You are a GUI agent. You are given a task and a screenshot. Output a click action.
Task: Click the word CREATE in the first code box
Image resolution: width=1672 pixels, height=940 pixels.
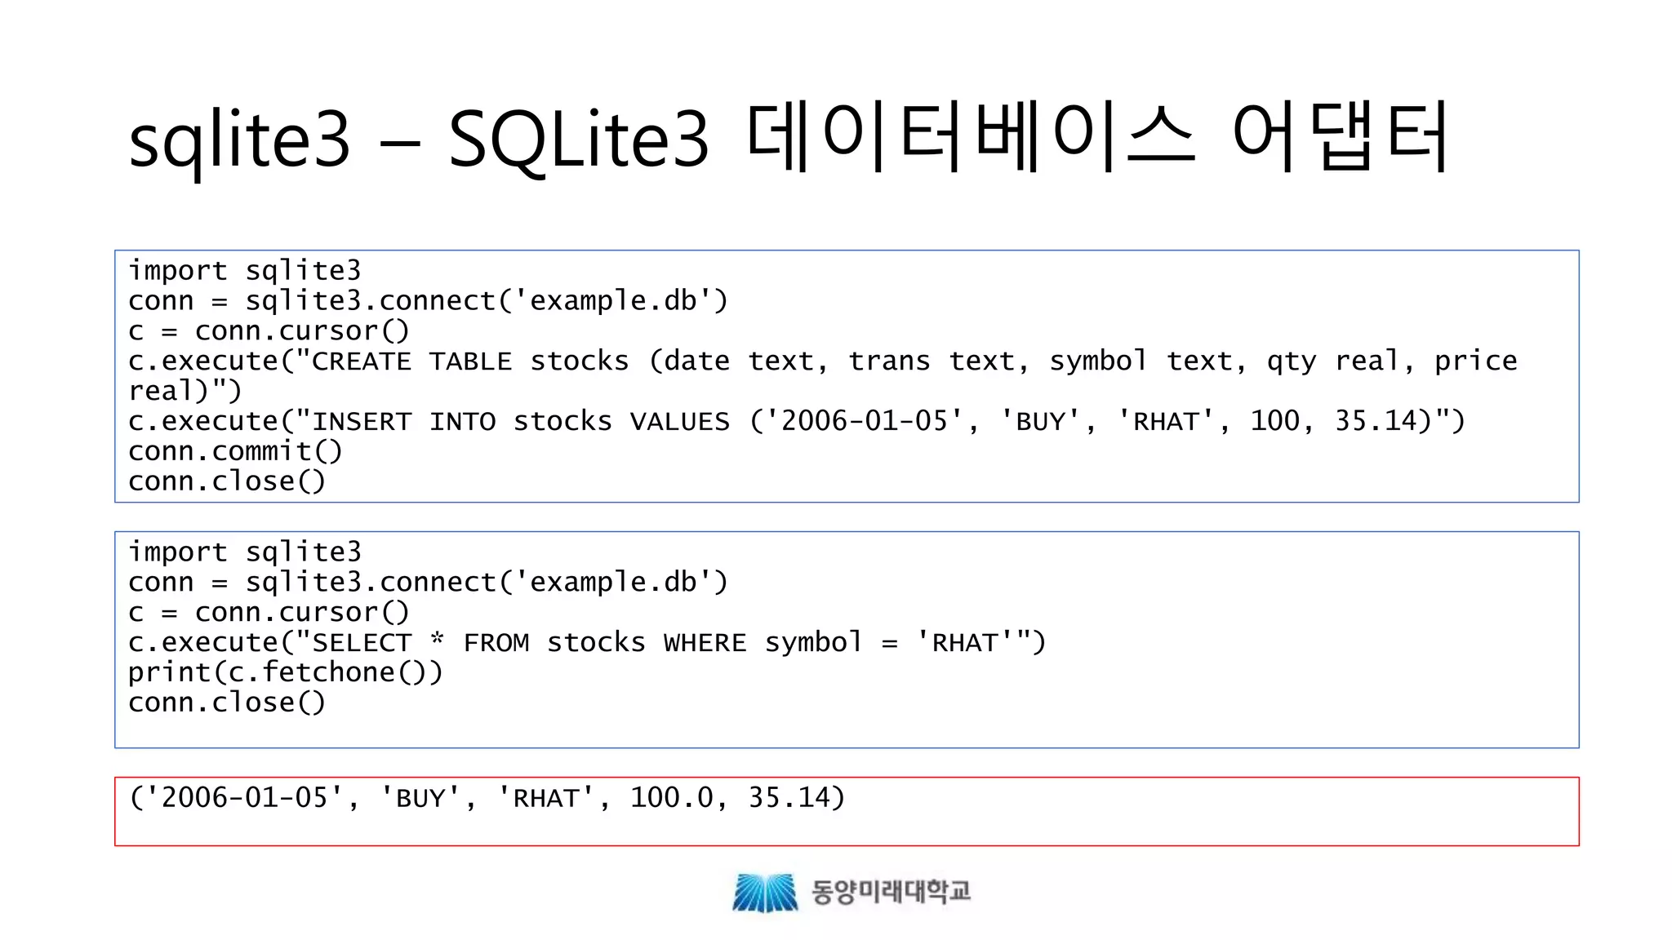(x=362, y=361)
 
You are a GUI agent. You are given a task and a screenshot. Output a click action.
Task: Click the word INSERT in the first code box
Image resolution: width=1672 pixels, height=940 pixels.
(x=362, y=422)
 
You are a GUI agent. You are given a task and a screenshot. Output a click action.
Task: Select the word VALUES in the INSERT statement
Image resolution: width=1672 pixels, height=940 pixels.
(x=679, y=422)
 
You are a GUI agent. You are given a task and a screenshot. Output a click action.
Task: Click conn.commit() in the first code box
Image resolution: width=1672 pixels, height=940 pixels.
(x=235, y=451)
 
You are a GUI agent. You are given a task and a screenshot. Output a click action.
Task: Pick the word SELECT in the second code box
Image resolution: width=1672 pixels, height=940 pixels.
(x=362, y=643)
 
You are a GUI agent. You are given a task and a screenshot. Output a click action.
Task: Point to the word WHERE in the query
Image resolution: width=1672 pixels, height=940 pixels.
(x=705, y=643)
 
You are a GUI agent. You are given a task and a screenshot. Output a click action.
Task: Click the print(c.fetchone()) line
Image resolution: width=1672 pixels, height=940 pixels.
(x=285, y=673)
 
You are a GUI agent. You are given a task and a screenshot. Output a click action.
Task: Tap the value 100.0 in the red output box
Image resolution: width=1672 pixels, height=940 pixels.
(x=671, y=798)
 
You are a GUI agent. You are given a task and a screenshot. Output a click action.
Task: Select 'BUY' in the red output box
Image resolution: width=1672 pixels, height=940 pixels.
(x=420, y=798)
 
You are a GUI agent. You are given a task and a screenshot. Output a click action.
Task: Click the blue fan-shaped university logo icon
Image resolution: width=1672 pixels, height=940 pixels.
(x=765, y=892)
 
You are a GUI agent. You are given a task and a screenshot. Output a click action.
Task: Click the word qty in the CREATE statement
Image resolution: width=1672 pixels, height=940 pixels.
(x=1291, y=361)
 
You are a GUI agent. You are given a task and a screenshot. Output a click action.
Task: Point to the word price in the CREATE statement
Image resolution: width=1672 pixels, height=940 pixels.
(x=1475, y=361)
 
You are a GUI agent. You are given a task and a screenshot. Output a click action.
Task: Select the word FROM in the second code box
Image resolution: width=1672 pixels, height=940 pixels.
(x=496, y=643)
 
